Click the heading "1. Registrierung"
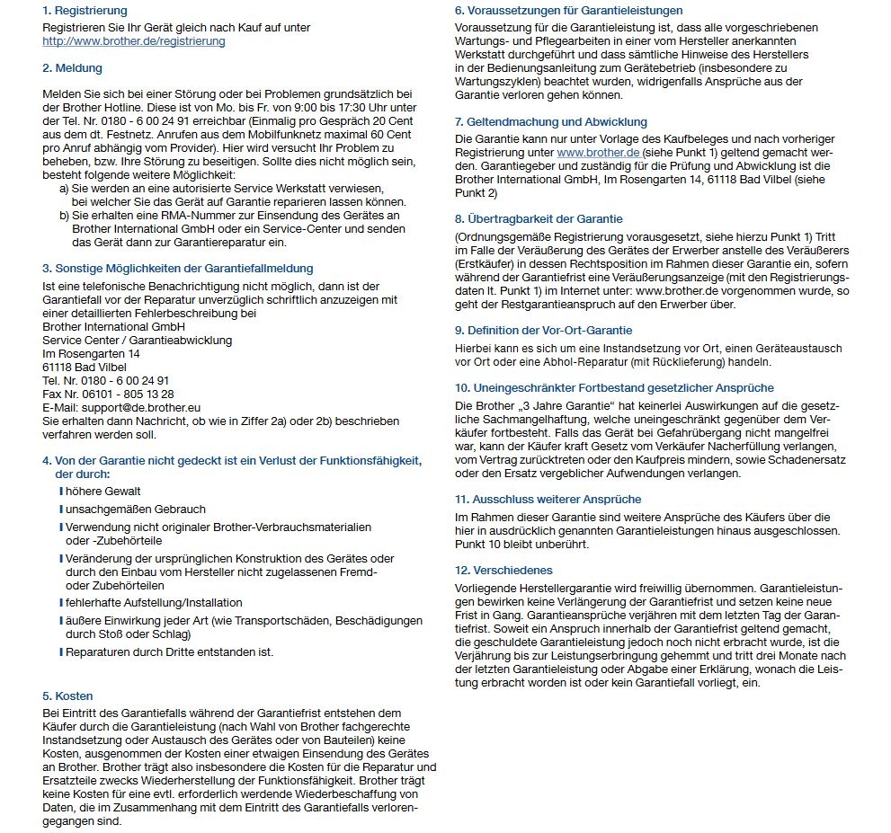[85, 11]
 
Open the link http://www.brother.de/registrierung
[134, 41]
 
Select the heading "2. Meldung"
[72, 68]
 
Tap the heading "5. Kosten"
[67, 696]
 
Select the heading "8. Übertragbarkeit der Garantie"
[539, 218]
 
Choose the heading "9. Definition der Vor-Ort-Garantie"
[543, 330]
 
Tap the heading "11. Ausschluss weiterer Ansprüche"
[548, 499]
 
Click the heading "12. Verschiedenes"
[503, 570]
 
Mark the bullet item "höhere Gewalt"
[102, 492]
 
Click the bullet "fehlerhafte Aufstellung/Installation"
[154, 602]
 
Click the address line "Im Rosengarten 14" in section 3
[91, 353]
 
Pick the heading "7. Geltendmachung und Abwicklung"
[550, 121]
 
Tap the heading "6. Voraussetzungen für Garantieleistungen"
[568, 11]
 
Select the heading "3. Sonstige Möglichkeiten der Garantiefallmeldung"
[178, 268]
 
